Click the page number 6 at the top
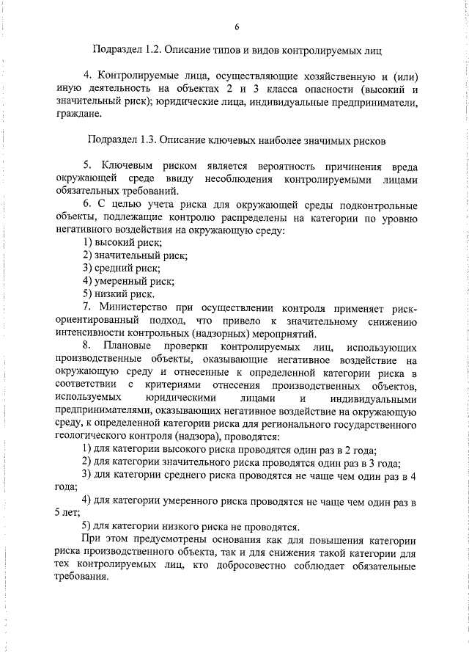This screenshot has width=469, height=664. (x=236, y=27)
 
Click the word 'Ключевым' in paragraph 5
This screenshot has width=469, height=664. (x=125, y=166)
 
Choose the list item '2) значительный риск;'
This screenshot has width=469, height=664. (x=135, y=255)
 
